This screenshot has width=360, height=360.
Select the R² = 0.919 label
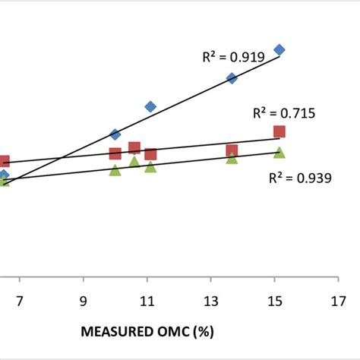(232, 55)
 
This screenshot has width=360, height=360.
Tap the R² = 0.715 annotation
(284, 114)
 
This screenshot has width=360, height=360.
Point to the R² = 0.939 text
(300, 178)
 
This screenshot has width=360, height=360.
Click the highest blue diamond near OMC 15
(279, 49)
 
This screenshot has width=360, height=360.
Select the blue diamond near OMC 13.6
(232, 78)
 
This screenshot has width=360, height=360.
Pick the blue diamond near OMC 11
(150, 106)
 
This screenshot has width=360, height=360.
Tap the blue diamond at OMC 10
(115, 134)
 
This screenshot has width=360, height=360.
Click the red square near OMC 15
(279, 132)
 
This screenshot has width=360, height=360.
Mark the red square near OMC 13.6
(232, 150)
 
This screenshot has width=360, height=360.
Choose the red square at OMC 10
(115, 153)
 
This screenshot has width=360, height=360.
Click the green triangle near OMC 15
(279, 153)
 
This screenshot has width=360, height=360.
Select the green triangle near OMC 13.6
(232, 158)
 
